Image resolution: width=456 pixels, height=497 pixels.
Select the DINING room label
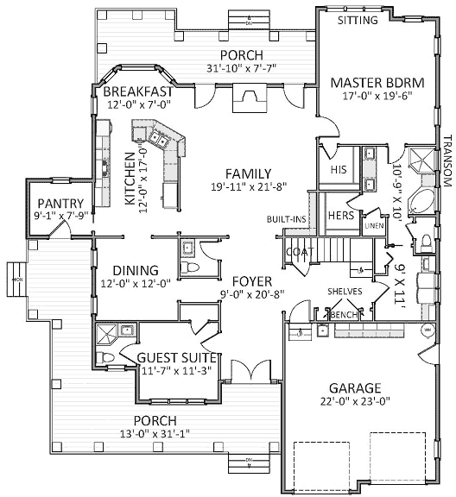pyautogui.click(x=130, y=269)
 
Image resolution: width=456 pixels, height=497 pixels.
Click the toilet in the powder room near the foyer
pyautogui.click(x=193, y=268)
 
